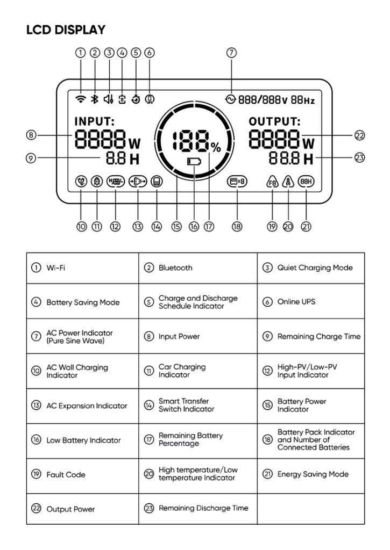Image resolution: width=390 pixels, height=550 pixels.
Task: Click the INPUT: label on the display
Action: pyautogui.click(x=94, y=122)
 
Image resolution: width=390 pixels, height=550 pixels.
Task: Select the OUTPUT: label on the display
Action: pyautogui.click(x=274, y=122)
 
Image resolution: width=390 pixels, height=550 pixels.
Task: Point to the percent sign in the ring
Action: pyautogui.click(x=216, y=147)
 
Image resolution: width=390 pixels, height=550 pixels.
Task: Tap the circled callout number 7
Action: pyautogui.click(x=231, y=53)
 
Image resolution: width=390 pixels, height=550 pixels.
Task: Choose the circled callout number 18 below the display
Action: pyautogui.click(x=237, y=227)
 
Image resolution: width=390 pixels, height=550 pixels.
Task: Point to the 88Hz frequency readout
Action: pyautogui.click(x=303, y=99)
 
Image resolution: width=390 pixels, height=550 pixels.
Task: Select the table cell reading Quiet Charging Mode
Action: pyautogui.click(x=315, y=267)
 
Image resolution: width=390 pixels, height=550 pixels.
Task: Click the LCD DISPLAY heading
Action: pyautogui.click(x=66, y=30)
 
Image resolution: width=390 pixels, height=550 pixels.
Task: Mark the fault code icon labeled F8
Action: pyautogui.click(x=272, y=182)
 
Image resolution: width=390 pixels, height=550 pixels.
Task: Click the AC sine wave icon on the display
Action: pyautogui.click(x=231, y=99)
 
